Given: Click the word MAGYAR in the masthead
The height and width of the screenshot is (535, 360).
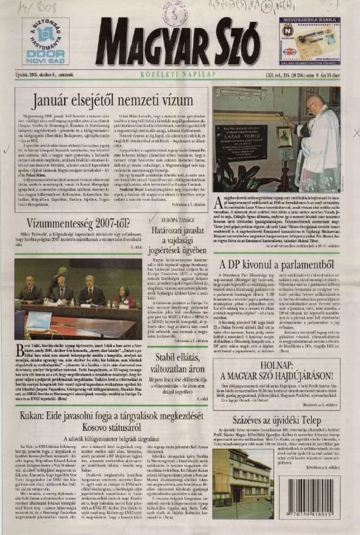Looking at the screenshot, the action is click(x=149, y=44).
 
